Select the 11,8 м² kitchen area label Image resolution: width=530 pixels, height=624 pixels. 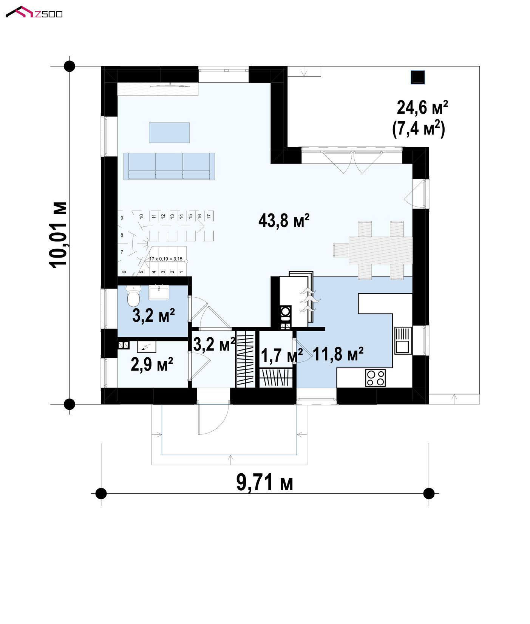(338, 354)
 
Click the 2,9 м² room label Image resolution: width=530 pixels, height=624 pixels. (152, 365)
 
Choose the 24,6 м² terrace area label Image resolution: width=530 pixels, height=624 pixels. (422, 108)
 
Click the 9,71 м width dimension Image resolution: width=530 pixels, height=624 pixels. (265, 482)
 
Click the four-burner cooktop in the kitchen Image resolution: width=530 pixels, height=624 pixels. (375, 378)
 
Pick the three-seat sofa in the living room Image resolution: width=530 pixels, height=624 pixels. (169, 166)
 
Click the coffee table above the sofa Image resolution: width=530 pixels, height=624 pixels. (169, 133)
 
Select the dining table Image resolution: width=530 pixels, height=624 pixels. (379, 250)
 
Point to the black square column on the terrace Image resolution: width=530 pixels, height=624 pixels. (417, 77)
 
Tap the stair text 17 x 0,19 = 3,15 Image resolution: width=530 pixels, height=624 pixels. (166, 259)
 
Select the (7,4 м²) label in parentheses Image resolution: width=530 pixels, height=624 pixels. (419, 129)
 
